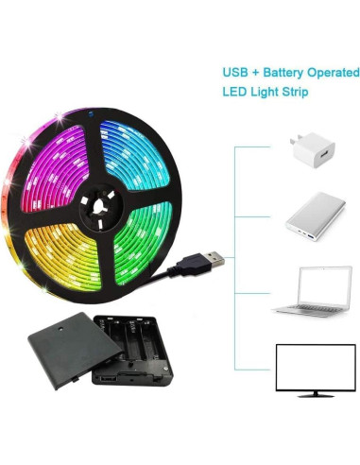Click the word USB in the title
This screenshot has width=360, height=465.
(x=235, y=72)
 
